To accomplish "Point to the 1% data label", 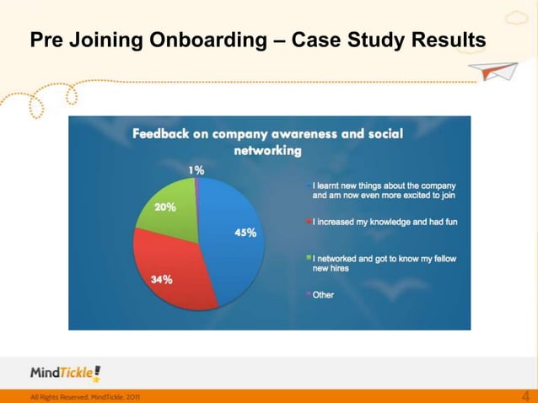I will point(195,169).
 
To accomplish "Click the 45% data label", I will point(245,233).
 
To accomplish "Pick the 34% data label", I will point(162,280).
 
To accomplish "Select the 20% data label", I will point(164,207).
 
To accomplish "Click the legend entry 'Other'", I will point(323,294).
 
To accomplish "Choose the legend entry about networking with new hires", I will point(384,263).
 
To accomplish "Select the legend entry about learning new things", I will point(384,189).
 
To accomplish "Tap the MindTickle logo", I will point(65,373).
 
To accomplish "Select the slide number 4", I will point(526,395).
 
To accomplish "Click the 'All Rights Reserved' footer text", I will point(85,396).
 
